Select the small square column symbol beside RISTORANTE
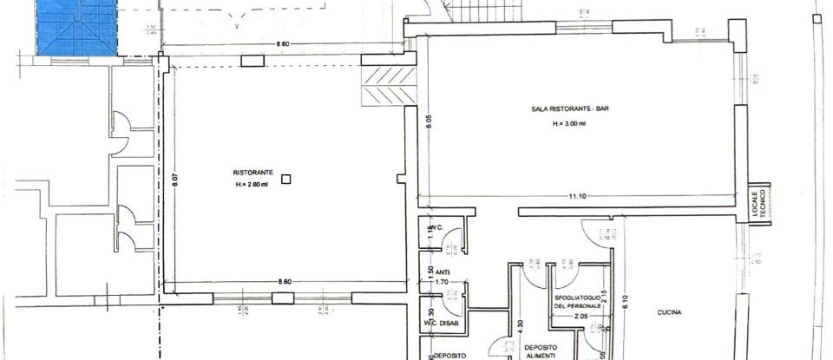tap(286, 179)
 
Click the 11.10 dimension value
tap(578, 197)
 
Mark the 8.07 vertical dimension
tap(174, 181)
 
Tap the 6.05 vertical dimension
tap(428, 122)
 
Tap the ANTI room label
tap(442, 271)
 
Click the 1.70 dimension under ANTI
tap(442, 281)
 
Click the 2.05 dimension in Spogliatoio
tap(580, 317)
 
